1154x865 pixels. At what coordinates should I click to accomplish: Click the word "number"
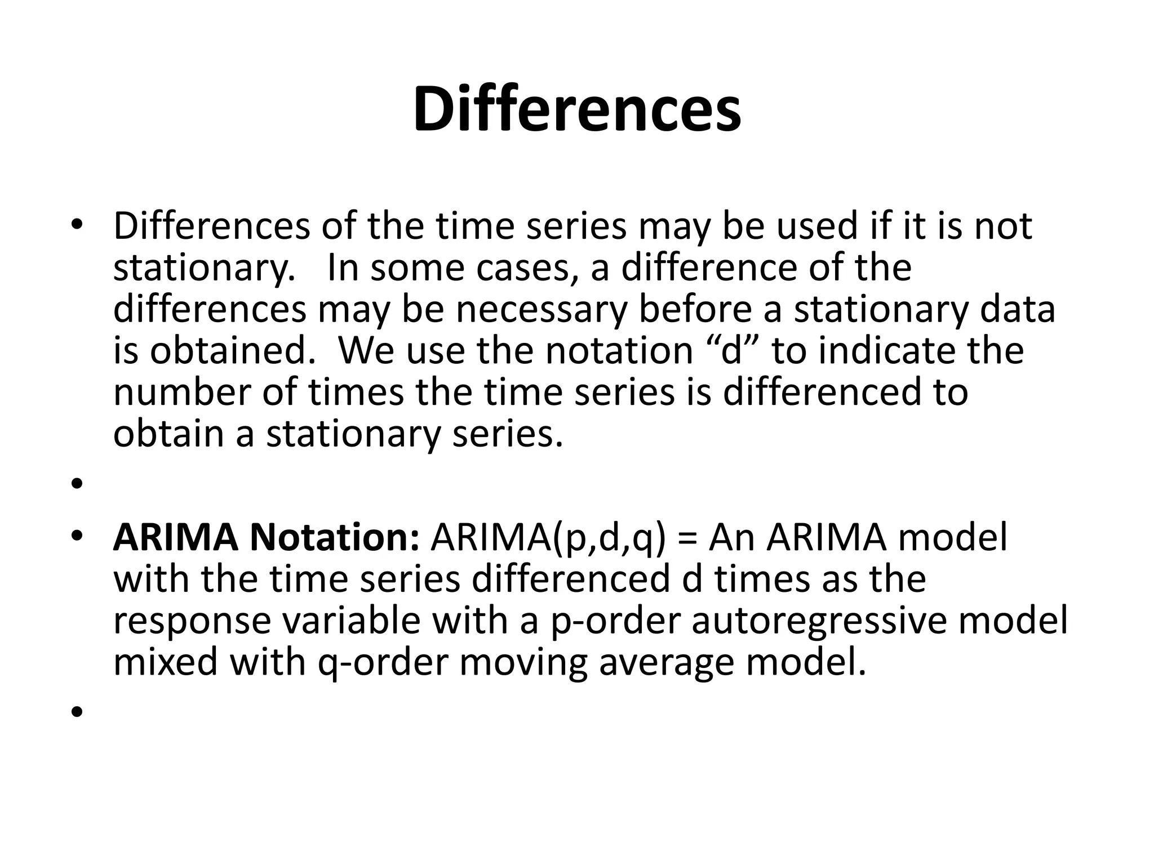(x=181, y=393)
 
